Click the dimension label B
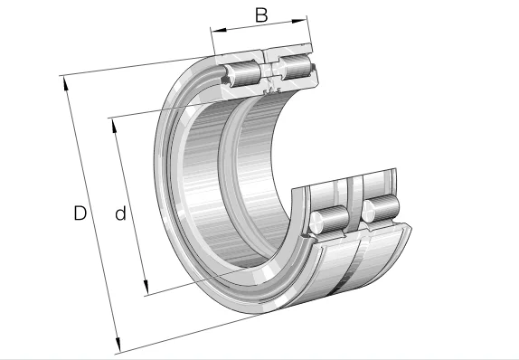pos(261,15)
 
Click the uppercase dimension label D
pos(80,213)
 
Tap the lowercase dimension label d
pos(121,213)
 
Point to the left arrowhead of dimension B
pos(219,31)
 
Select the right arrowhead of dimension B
pos(299,21)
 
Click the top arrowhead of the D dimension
pos(66,83)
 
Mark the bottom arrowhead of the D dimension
pos(118,345)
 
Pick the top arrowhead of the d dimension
pos(114,125)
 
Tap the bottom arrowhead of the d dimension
pos(146,287)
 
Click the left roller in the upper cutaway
pos(242,73)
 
